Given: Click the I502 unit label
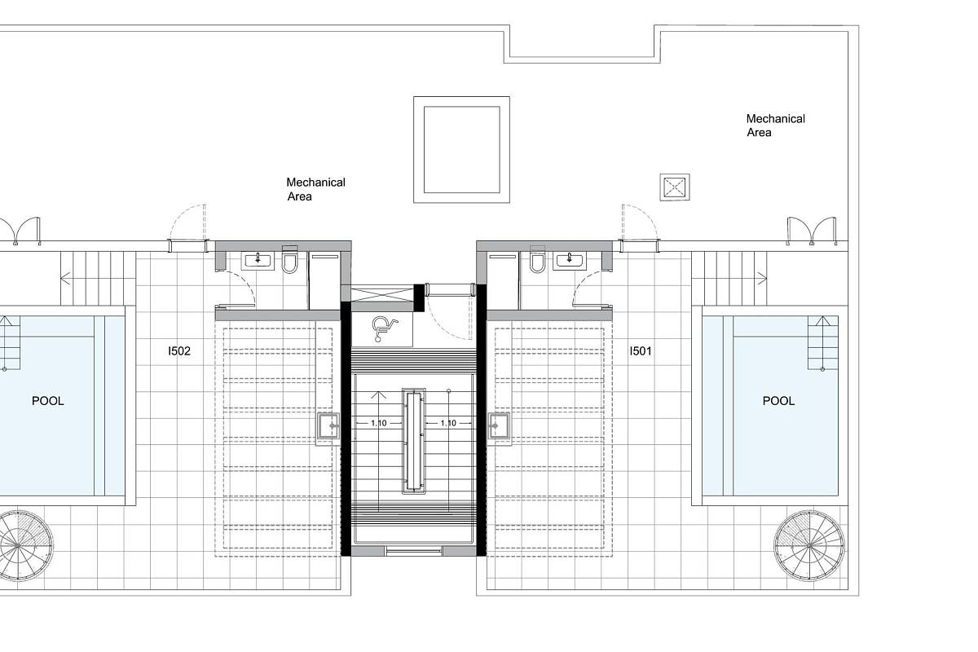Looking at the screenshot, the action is (x=179, y=351).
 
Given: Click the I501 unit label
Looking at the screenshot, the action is (x=641, y=351).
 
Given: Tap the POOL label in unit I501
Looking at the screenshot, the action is (x=778, y=401).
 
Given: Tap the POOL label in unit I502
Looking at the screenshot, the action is (x=48, y=401).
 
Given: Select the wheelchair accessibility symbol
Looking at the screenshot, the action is (x=384, y=329).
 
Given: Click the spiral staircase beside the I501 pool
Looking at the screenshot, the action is (x=809, y=545).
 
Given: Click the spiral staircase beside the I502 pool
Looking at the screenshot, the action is (x=18, y=545).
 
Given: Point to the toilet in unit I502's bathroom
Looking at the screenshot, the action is (x=289, y=260).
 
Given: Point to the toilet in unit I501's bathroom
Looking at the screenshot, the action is (x=537, y=260).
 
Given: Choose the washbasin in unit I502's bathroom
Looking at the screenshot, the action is (x=258, y=261).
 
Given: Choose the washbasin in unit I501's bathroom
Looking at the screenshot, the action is (x=570, y=261).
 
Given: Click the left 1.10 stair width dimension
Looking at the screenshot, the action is (x=378, y=423).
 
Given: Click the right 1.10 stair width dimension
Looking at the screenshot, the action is (x=448, y=423).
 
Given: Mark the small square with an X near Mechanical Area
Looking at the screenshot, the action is (x=675, y=187).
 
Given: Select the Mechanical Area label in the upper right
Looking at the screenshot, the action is (x=775, y=126).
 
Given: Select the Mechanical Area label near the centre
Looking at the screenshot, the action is (x=315, y=189).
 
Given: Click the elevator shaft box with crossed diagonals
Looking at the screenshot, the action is (x=382, y=293).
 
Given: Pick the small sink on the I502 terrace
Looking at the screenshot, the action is (x=328, y=425).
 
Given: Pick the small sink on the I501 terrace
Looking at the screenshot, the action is (x=499, y=425).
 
